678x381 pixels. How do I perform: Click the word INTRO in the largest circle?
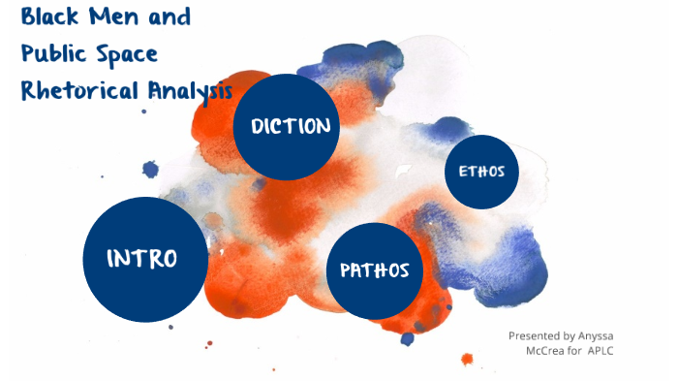point(142,259)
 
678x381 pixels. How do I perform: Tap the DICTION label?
point(291,126)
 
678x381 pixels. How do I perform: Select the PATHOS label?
point(374,270)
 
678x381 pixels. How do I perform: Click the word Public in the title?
point(52,54)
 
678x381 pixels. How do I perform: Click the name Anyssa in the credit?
point(599,335)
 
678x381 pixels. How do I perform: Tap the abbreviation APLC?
point(601,350)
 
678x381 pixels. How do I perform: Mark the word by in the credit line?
point(571,335)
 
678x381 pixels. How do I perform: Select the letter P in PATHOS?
point(346,270)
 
